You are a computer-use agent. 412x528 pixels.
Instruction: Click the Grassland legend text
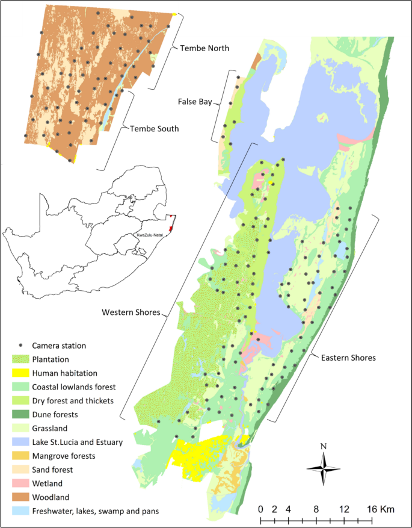(57, 428)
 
